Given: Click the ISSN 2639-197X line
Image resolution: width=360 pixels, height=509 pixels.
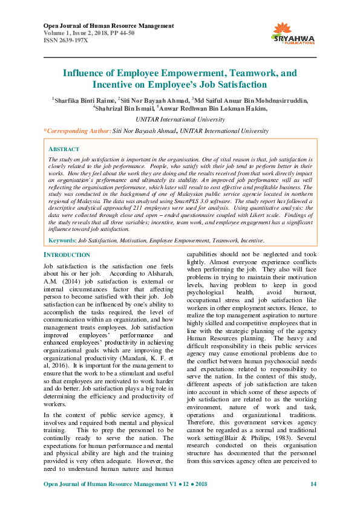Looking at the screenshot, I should [x=66, y=40].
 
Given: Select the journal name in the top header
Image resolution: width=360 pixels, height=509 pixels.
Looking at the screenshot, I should [x=109, y=25].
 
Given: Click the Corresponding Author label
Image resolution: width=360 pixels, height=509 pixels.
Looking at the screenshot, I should [x=78, y=131].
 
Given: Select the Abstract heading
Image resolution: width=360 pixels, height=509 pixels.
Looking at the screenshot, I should [x=64, y=149].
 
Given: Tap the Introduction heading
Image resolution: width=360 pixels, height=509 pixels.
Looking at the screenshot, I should [x=67, y=255].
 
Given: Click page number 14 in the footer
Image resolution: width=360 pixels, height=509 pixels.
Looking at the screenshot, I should [x=313, y=484].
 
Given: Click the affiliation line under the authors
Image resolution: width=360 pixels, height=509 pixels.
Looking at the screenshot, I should [x=180, y=119].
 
